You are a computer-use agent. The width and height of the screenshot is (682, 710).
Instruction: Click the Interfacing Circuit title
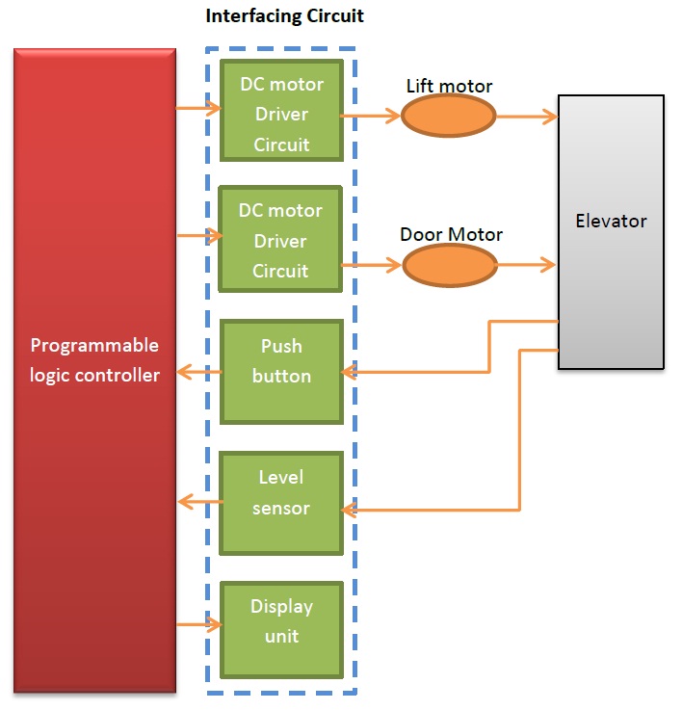(x=285, y=16)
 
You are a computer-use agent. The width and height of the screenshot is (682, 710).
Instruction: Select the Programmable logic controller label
(x=94, y=360)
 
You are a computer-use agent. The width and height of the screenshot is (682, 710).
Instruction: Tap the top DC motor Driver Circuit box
(x=281, y=114)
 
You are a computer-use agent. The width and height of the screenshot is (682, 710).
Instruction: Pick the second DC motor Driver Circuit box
(x=281, y=240)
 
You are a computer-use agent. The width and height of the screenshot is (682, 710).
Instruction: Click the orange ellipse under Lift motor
(x=448, y=117)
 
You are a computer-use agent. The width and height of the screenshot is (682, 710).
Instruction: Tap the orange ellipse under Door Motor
(x=449, y=265)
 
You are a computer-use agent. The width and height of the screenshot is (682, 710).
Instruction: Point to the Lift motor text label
(x=449, y=87)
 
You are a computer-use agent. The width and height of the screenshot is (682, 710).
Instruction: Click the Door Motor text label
(x=451, y=234)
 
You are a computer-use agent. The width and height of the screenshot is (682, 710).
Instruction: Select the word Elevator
(x=611, y=221)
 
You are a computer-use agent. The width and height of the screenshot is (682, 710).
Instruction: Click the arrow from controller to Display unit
(x=199, y=625)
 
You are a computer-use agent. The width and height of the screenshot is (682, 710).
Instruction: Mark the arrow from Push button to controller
(x=199, y=373)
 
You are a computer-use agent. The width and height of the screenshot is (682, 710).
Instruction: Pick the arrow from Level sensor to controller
(x=199, y=501)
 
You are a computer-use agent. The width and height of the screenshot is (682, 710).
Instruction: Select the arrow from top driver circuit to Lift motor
(x=372, y=117)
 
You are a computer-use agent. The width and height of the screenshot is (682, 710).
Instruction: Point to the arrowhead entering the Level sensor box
(x=350, y=511)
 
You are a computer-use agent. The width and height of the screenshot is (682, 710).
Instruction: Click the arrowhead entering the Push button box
(x=350, y=373)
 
